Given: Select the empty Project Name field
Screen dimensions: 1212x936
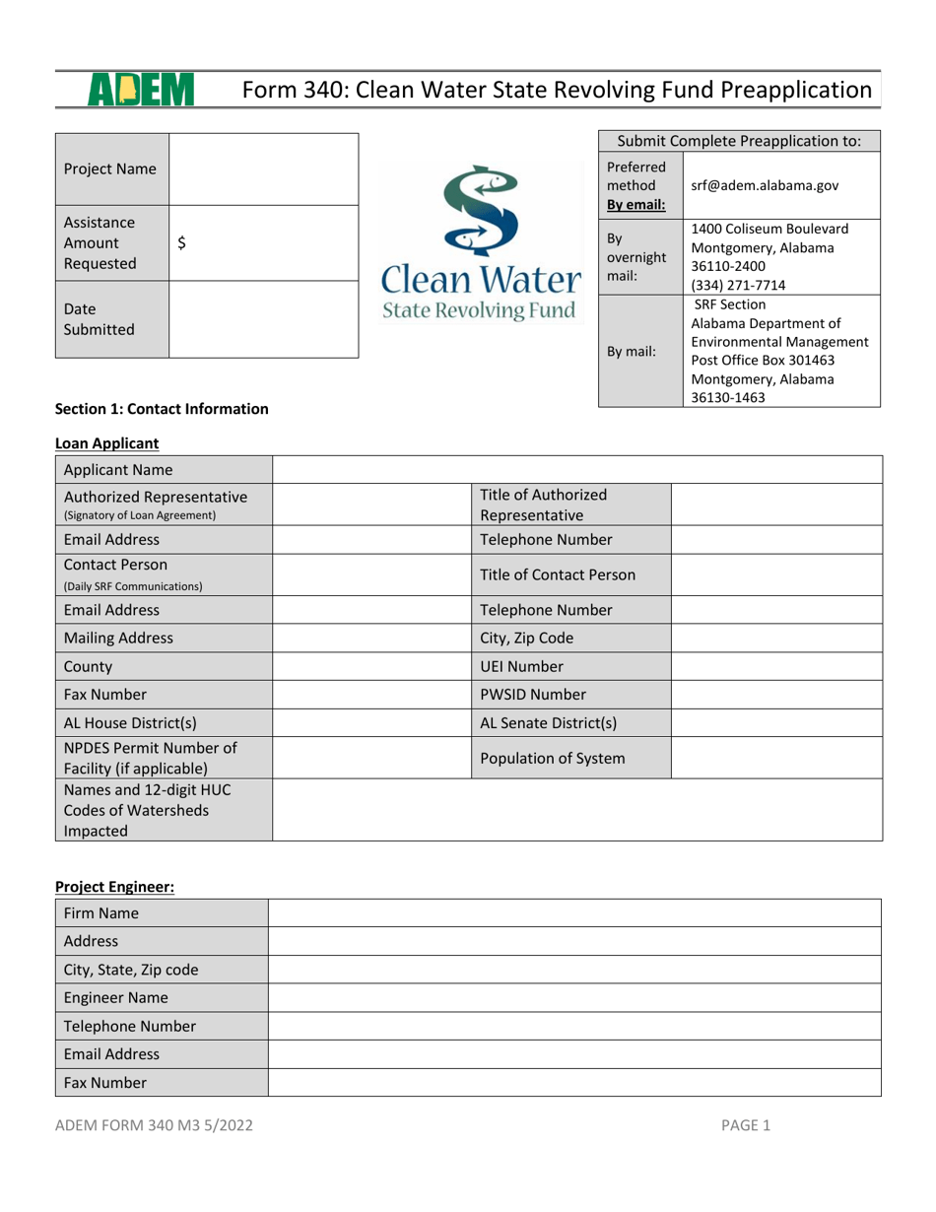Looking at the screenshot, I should (x=264, y=169).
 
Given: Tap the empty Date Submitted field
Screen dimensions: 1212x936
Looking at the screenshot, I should (x=264, y=318).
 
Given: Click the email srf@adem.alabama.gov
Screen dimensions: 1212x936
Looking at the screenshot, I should (x=771, y=185).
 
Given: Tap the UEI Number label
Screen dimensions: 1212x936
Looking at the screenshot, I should (x=522, y=665).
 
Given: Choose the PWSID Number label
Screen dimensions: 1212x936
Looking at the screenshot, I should (x=532, y=694).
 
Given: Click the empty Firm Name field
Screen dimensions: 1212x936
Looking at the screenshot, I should (x=575, y=912).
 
